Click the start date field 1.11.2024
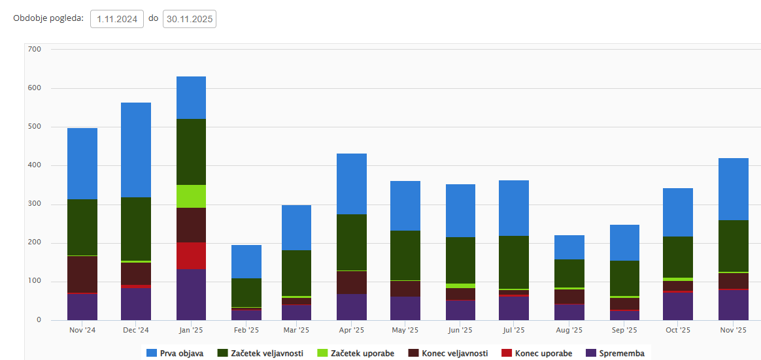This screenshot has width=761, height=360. click(117, 19)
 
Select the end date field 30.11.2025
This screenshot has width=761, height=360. click(190, 19)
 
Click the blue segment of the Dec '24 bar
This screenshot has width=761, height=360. click(136, 150)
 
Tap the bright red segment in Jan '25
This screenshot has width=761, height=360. click(191, 255)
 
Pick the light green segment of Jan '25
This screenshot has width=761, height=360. click(191, 196)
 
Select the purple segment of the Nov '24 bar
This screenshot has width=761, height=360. click(82, 306)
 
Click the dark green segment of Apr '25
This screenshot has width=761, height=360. click(352, 242)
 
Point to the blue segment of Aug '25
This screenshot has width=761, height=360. click(569, 247)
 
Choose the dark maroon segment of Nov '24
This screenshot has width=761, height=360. click(82, 274)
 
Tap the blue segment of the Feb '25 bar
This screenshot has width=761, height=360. click(246, 261)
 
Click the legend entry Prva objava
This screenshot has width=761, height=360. click(175, 353)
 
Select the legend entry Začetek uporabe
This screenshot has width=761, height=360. click(356, 353)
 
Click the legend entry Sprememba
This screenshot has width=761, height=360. click(615, 353)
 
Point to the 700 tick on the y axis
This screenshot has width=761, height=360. click(35, 49)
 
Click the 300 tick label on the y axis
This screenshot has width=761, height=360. click(35, 204)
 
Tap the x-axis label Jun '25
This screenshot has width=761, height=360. click(461, 330)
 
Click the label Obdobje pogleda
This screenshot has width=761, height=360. click(48, 18)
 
